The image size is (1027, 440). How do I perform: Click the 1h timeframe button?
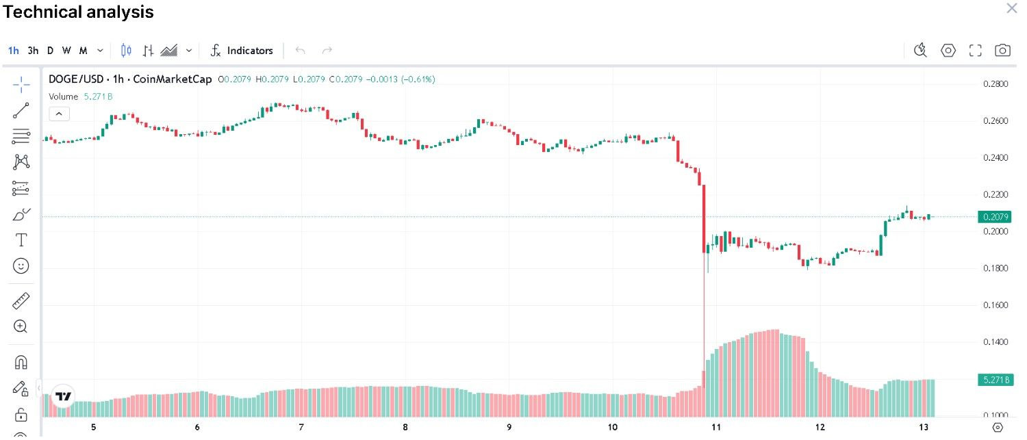point(14,51)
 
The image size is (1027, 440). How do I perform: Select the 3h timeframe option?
point(33,51)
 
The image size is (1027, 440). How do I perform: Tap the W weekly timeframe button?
point(66,51)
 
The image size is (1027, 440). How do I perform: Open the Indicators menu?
point(242,51)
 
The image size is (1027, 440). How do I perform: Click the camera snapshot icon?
point(1002,51)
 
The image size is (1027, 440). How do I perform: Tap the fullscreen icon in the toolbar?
point(976,51)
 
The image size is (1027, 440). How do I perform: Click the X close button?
point(1011,8)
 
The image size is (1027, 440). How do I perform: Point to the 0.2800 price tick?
point(994,84)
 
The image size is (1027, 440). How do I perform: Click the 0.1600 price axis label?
point(994,305)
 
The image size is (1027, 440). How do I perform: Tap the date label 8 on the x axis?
point(405,428)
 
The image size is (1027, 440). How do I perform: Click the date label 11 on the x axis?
point(716,428)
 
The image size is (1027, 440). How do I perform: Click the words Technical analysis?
point(78,12)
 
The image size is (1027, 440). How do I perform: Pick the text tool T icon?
point(21,240)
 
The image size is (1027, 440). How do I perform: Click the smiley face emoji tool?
point(21,266)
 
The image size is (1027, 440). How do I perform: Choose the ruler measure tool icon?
point(21,300)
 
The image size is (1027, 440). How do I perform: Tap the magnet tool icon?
point(21,362)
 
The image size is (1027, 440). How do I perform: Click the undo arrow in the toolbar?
point(300,51)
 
